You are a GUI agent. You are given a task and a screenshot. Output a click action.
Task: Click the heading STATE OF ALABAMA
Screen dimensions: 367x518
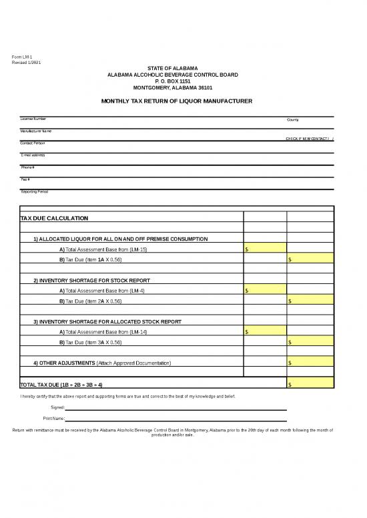[173, 69]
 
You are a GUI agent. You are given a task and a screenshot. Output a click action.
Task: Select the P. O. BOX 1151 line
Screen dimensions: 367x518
[173, 81]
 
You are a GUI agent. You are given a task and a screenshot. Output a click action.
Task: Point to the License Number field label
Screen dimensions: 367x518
[33, 119]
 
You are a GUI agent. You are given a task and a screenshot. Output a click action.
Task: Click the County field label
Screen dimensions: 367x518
[293, 119]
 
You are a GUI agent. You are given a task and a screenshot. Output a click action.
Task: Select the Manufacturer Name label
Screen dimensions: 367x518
[36, 131]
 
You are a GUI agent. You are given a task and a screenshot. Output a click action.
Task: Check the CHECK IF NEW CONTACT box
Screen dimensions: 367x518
[330, 139]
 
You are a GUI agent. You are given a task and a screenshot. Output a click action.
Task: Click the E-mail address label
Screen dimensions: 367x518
[33, 155]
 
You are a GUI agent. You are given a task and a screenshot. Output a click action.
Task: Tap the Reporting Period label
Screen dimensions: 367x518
[35, 192]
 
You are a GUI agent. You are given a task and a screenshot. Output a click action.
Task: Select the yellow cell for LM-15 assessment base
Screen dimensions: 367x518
[265, 249]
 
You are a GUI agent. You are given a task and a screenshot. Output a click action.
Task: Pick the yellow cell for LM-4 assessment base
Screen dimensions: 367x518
[265, 291]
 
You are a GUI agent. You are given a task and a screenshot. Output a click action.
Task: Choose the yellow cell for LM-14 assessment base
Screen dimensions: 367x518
[265, 332]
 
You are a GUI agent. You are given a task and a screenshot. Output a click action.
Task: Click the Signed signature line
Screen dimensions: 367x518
[177, 408]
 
